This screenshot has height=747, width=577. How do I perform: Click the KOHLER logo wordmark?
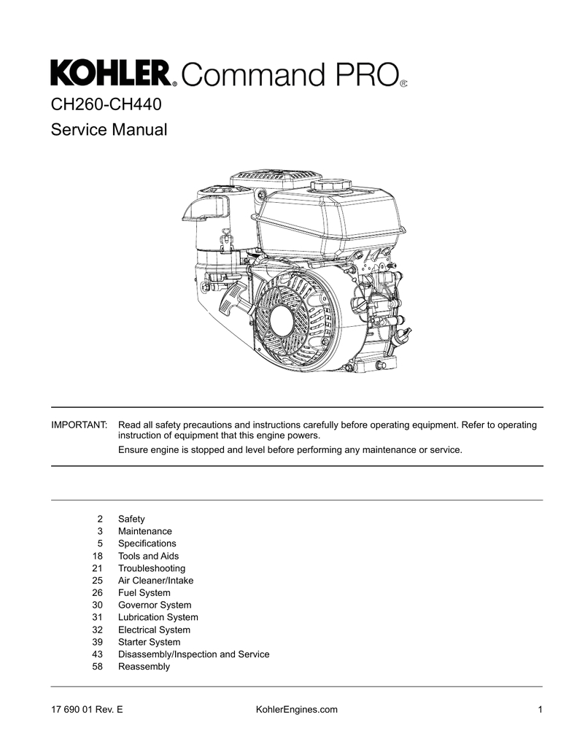(110, 73)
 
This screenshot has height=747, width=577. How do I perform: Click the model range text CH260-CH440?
(105, 104)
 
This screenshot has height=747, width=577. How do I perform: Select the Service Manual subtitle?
(109, 131)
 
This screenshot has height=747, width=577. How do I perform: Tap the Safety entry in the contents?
(131, 519)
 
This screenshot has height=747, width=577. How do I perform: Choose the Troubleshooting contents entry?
(152, 568)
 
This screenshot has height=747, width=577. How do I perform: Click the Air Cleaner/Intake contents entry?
(156, 581)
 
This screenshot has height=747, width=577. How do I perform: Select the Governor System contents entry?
(155, 605)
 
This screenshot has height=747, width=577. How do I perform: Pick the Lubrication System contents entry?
(158, 617)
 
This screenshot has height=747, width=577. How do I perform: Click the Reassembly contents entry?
(144, 666)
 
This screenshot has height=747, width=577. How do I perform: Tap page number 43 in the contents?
(98, 654)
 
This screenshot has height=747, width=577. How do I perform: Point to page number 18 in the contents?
(98, 556)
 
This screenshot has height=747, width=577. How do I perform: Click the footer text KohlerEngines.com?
(298, 710)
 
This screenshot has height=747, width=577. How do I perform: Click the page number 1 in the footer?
(539, 710)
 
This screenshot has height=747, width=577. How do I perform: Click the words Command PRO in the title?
(288, 74)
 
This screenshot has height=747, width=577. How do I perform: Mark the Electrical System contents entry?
(154, 630)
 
